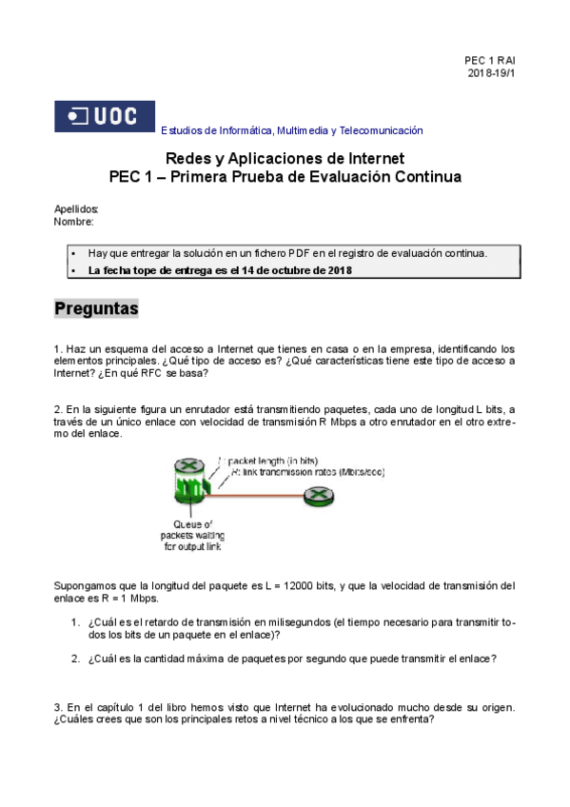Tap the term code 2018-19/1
491,73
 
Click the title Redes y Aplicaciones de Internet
285,158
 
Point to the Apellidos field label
76,209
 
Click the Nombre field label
74,222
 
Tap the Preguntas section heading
96,309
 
